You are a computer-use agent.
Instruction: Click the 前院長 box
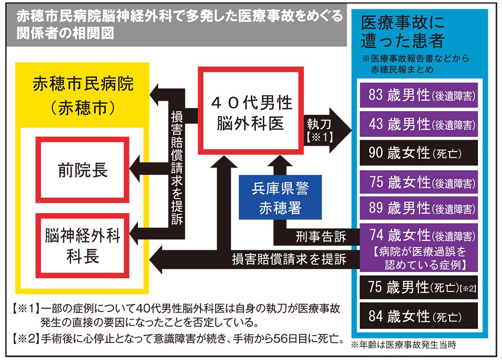tap(83, 169)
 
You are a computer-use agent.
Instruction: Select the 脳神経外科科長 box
tap(83, 246)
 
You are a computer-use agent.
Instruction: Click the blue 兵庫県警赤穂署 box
tap(280, 198)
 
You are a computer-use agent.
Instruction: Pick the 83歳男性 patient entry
tap(419, 96)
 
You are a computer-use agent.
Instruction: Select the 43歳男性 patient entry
tap(419, 124)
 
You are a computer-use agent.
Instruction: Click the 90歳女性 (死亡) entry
tap(419, 153)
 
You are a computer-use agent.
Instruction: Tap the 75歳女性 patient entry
tap(419, 183)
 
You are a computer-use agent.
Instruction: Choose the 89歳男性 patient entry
tap(419, 208)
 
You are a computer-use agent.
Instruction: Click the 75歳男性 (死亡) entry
tap(419, 288)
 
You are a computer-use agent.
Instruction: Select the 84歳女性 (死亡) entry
tap(419, 316)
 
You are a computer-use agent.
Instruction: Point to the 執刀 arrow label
tap(321, 130)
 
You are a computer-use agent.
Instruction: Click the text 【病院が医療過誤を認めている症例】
tap(419, 258)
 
